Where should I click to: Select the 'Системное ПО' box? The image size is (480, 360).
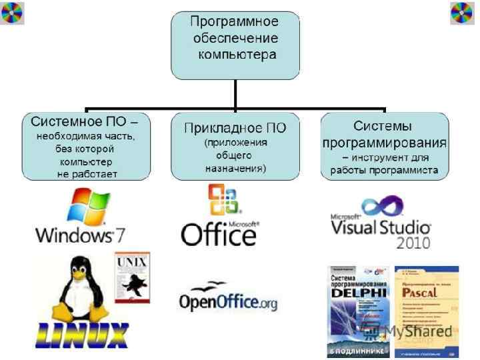coord(82,147)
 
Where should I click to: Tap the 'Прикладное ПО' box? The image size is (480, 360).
coord(235,147)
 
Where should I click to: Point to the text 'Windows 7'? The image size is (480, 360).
coord(80,235)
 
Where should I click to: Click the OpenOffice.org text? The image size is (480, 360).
coord(228,303)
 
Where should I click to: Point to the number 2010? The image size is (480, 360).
coord(413,242)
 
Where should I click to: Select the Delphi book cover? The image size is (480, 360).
coord(357,311)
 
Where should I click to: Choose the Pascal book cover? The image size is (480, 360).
coord(426,311)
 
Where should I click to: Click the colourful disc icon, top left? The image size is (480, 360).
coord(13,13)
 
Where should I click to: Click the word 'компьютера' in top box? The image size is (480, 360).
coord(236,55)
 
